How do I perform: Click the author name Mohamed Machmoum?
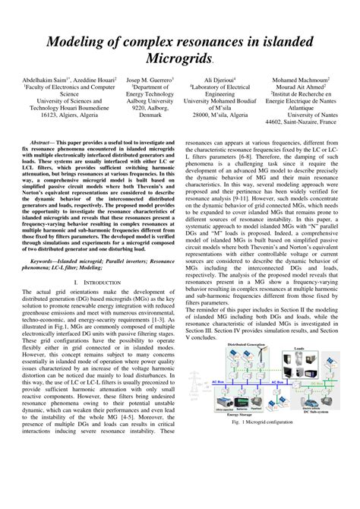point(301,79)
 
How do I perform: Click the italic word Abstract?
point(43,142)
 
